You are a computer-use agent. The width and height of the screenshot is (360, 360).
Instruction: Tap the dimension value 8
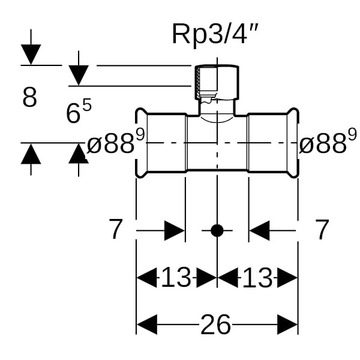[x=29, y=98]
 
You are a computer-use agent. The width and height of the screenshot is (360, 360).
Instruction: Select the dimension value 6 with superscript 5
[x=78, y=112]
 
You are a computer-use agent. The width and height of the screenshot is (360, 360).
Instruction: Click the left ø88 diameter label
[x=116, y=143]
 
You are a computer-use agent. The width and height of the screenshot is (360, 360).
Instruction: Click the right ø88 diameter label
[x=323, y=143]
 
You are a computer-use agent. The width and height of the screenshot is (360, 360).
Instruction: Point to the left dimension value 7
[x=116, y=230]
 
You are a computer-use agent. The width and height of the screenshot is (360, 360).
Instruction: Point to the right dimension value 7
[x=322, y=230]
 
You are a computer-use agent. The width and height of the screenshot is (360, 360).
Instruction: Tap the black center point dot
[x=217, y=230]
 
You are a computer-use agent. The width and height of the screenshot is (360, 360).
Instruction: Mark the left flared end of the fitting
[x=141, y=143]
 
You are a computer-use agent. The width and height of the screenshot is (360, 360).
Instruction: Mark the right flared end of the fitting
[x=293, y=143]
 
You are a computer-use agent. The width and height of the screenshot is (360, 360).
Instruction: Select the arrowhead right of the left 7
[x=175, y=230]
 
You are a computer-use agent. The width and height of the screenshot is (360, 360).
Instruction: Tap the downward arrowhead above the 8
[x=31, y=55]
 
